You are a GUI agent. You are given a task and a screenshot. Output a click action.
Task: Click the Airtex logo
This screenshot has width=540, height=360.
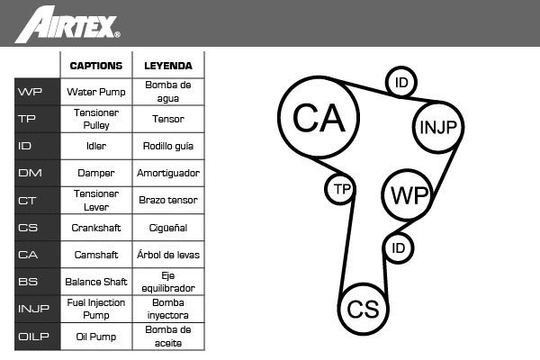pyautogui.click(x=67, y=24)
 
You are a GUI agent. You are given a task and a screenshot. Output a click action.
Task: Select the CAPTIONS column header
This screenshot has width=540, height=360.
pyautogui.click(x=96, y=66)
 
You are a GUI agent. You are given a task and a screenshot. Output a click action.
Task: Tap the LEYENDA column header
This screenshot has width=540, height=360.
pyautogui.click(x=168, y=66)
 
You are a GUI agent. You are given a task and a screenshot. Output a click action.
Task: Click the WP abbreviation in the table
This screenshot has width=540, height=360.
pyautogui.click(x=30, y=92)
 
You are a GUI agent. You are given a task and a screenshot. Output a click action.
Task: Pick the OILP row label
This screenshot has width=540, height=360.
pyautogui.click(x=33, y=337)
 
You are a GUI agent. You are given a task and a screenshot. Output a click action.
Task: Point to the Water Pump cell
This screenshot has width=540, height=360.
pyautogui.click(x=96, y=92)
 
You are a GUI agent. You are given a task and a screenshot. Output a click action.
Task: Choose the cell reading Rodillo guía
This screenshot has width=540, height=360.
pyautogui.click(x=168, y=146)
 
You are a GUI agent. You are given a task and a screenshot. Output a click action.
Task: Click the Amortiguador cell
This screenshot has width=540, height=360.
pyautogui.click(x=168, y=173)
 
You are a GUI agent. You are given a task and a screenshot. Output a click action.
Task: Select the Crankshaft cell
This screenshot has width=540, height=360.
pyautogui.click(x=96, y=228)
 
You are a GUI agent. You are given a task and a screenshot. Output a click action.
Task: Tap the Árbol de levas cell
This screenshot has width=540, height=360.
pyautogui.click(x=168, y=255)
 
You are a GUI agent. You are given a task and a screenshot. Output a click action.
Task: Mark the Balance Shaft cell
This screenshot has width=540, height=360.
pyautogui.click(x=96, y=282)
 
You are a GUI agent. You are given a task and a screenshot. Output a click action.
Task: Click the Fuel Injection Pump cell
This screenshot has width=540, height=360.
pyautogui.click(x=96, y=309)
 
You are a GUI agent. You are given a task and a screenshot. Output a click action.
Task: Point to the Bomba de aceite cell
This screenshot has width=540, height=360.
pyautogui.click(x=168, y=337)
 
